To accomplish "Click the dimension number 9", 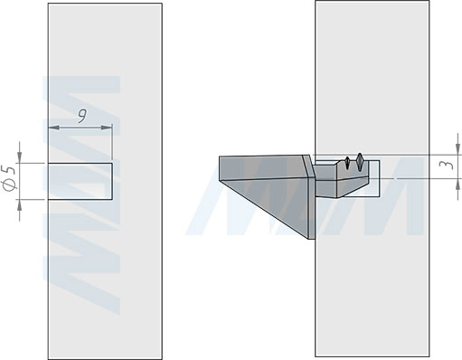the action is pos(81,116).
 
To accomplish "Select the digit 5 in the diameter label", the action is pos(10,169).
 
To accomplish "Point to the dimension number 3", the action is pos(448,165).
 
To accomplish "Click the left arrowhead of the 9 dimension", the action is pos(53,128).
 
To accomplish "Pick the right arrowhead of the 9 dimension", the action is pos(107,128).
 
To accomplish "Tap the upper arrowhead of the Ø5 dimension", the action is pos(20,157).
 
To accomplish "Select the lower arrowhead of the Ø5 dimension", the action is pos(20,205).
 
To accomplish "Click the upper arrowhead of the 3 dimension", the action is pos(458,149).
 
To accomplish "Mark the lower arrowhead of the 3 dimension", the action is pos(458,185).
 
